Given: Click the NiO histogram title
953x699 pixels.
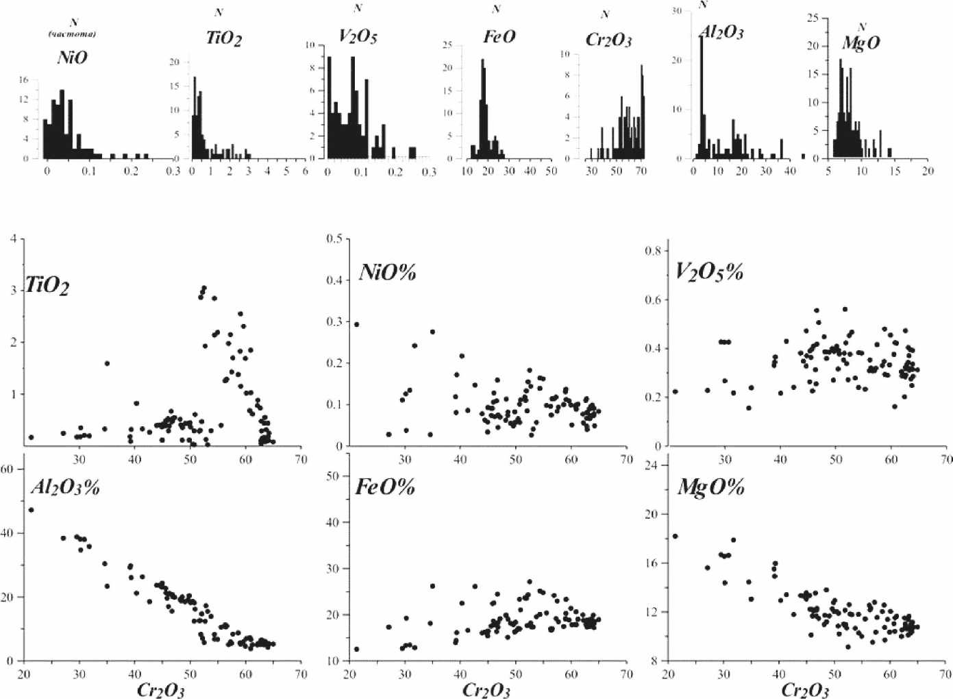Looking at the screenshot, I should coord(72,58).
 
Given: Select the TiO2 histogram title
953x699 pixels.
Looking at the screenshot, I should coord(224,38).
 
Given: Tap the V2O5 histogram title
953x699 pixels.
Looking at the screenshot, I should coord(358,36).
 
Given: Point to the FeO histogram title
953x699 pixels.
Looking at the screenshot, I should coord(499,36).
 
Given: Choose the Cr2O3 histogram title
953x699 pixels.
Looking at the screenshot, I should coord(608,40).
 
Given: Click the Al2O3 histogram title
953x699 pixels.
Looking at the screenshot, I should coord(721,32).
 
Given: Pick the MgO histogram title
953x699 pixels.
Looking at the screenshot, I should coord(861,43).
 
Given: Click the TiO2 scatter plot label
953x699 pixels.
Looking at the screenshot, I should coord(47,285).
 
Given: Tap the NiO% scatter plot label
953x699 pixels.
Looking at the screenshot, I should coord(388,273).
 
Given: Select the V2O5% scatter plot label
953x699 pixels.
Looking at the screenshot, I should coord(710,272).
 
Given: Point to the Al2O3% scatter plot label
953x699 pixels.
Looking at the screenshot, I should coord(66,487).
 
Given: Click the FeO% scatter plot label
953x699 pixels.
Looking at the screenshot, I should coord(385,487).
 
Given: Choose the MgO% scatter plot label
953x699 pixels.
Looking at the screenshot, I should coord(711,487).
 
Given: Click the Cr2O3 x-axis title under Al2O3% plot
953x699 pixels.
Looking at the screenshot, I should coord(161,689).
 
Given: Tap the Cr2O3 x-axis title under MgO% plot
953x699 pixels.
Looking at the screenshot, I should coord(806,689).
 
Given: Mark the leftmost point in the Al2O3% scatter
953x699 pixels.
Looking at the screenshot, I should coord(31,510).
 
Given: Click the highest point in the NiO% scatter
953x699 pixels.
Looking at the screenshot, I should coord(356,324).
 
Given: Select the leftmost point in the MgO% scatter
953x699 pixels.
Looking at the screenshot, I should coord(676,536).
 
